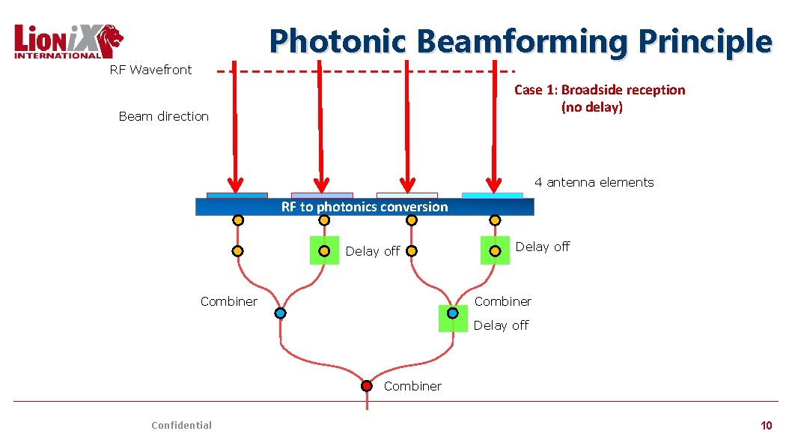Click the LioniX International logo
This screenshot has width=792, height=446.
68,41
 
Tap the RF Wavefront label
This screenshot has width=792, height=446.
150,70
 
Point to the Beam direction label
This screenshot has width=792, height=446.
163,116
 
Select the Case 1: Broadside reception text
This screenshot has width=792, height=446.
599,90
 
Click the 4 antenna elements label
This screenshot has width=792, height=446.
594,182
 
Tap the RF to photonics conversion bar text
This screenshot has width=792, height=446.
365,207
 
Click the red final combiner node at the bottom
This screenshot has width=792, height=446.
367,386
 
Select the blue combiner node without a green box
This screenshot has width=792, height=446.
280,313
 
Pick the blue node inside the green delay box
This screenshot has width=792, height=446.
452,313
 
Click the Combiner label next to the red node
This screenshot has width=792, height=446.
412,386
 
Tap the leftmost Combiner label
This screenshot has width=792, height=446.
228,301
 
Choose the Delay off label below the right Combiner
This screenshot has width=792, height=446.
501,325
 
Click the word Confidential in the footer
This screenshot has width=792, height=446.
181,425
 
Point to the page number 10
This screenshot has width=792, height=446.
766,425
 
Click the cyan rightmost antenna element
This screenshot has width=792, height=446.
492,196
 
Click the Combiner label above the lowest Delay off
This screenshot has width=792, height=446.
503,301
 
